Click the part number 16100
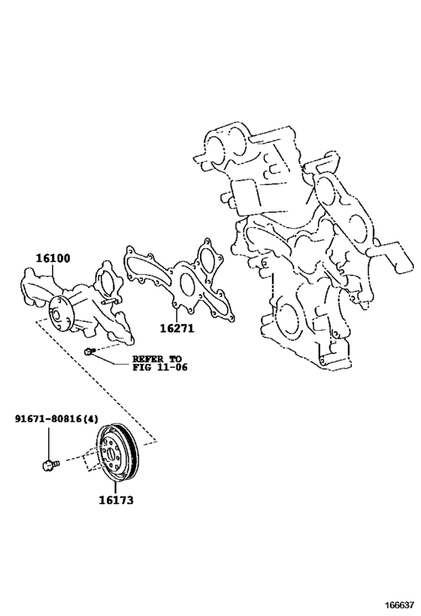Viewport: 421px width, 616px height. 52,258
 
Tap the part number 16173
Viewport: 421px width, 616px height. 116,499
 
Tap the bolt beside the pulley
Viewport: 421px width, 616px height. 48,465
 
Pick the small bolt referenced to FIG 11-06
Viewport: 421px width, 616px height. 89,352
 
